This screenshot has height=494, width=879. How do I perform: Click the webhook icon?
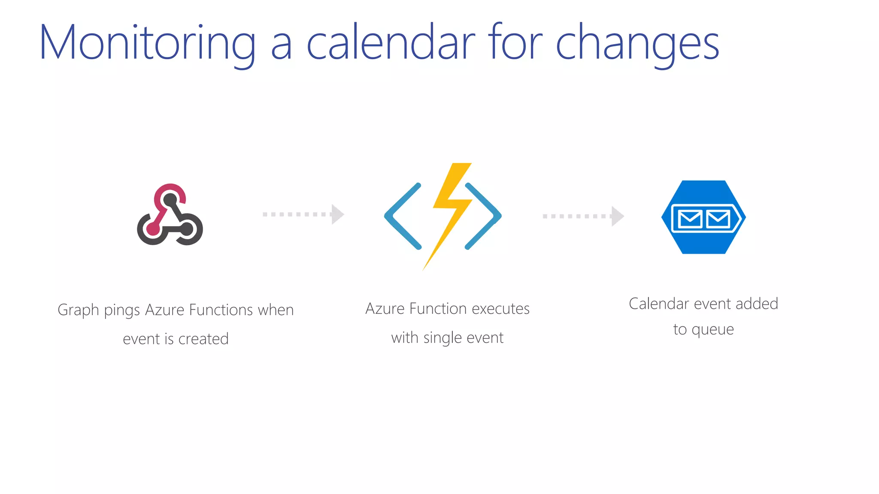(x=170, y=215)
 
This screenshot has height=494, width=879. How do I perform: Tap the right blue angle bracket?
(x=484, y=216)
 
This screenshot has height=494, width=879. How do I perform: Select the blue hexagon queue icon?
(x=703, y=217)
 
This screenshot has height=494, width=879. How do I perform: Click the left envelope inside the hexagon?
(x=690, y=219)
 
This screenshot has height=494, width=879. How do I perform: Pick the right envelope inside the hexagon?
(x=718, y=219)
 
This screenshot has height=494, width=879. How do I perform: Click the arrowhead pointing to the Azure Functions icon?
(x=337, y=214)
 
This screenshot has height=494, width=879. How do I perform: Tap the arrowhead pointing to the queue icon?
(x=617, y=216)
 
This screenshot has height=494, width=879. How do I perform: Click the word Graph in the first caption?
(x=78, y=310)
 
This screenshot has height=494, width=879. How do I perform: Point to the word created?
(x=203, y=339)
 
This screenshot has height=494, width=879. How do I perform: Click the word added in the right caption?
(x=757, y=304)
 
